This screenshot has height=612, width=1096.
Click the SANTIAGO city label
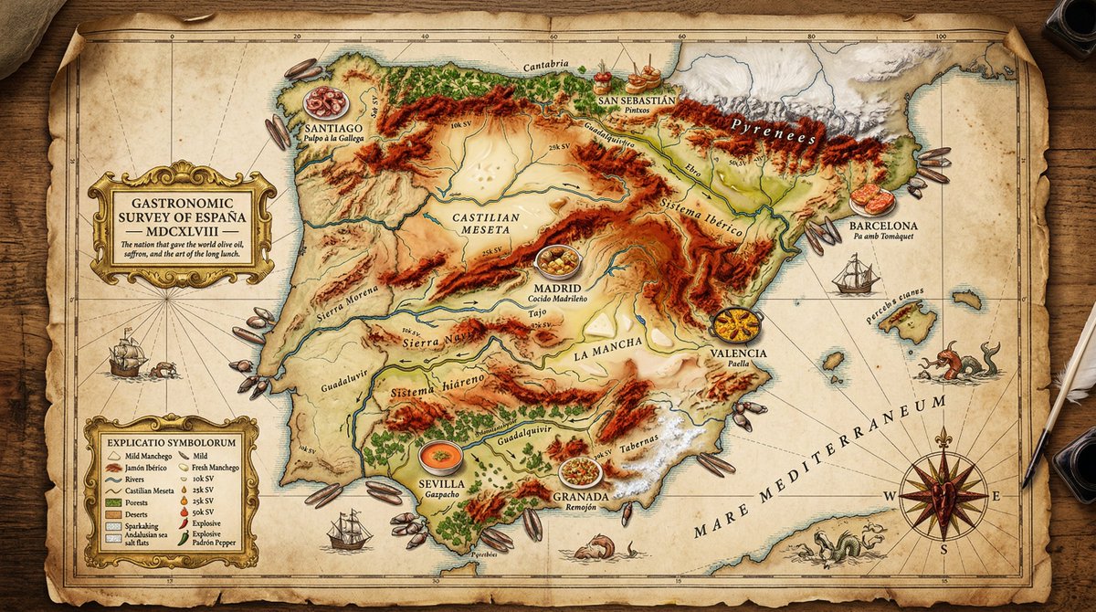[x=323, y=129]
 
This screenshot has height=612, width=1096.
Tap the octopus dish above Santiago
[x=325, y=101]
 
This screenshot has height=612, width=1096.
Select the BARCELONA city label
[x=882, y=226]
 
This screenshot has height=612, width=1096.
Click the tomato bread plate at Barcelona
[x=872, y=199]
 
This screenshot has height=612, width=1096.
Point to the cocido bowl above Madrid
[x=557, y=262]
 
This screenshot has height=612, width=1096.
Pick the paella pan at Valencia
[x=736, y=324]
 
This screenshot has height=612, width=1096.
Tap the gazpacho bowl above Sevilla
[x=441, y=456]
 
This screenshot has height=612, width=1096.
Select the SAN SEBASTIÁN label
[x=636, y=100]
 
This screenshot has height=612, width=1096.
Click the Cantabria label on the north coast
[x=547, y=65]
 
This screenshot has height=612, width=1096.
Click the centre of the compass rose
[x=943, y=495]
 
